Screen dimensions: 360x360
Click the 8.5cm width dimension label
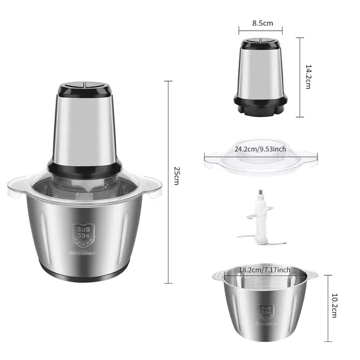[x=262, y=23]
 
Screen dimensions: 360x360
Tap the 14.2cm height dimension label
[x=307, y=77]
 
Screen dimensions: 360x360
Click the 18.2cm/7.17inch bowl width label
[x=265, y=269]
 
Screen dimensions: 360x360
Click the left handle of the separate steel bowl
[x=217, y=276]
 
